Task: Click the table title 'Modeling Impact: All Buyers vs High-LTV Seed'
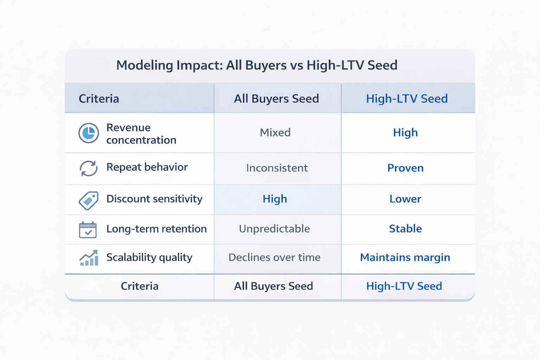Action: click(257, 65)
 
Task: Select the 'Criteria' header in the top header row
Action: click(99, 99)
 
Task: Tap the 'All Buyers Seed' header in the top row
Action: click(276, 99)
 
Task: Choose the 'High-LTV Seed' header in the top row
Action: click(407, 99)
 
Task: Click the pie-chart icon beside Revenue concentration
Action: click(89, 133)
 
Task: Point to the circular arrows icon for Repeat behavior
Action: click(89, 168)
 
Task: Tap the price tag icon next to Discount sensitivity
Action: click(89, 200)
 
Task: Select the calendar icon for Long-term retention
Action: click(88, 230)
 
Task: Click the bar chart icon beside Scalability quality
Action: click(89, 258)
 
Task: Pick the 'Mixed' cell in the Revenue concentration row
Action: click(275, 133)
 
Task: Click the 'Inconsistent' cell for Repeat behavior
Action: click(277, 168)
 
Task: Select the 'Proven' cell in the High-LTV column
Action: click(405, 168)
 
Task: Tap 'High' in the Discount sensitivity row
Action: click(275, 199)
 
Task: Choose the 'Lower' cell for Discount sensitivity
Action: click(405, 199)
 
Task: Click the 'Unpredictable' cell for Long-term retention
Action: click(274, 229)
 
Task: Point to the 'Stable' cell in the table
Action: click(405, 229)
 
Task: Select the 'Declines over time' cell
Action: click(274, 257)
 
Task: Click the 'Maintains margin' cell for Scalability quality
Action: click(405, 257)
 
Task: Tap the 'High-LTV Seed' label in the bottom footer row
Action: click(404, 286)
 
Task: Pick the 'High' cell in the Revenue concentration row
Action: click(405, 133)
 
